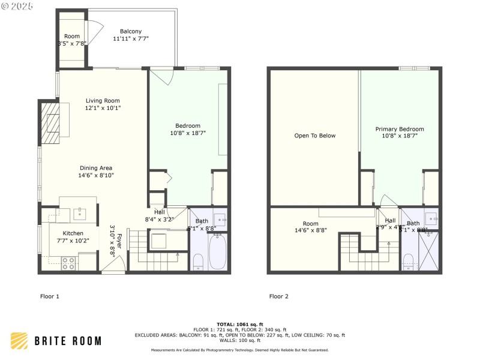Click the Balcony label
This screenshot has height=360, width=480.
coord(131,31)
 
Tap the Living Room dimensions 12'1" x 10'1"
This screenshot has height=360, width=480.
coord(103,108)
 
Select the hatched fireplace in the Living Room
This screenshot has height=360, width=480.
coord(50,124)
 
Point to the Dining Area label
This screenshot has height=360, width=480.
coord(97,168)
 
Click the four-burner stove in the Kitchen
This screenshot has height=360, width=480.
coord(68,263)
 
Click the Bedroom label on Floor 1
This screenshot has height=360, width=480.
coord(188,125)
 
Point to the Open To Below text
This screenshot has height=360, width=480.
coord(315,136)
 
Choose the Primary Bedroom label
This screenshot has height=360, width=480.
coord(400,129)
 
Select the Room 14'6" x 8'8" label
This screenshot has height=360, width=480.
coord(310,226)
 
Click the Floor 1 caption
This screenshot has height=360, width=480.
coord(49,296)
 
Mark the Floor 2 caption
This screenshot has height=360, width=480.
coord(279,296)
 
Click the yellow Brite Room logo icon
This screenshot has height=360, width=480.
coord(19,341)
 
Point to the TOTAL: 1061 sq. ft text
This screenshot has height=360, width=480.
coord(240,324)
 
